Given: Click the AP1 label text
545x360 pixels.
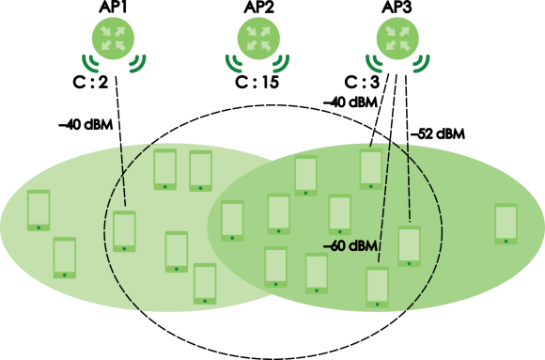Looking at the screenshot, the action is (x=113, y=7).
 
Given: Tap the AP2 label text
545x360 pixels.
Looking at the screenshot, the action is (x=258, y=7).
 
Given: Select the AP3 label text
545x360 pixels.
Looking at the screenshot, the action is (x=397, y=7).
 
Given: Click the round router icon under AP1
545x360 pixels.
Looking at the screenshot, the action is (x=113, y=39).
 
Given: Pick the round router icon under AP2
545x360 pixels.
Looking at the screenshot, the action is (x=258, y=39).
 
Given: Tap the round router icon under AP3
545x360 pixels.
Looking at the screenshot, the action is (x=398, y=39).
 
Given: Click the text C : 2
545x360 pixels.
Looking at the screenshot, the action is (x=90, y=83).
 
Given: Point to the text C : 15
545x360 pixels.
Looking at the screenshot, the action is (x=257, y=83).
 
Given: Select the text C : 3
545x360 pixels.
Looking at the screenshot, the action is (x=362, y=83).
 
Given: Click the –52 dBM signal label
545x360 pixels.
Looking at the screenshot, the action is (x=437, y=133).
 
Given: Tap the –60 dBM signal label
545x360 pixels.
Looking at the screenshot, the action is (x=350, y=246).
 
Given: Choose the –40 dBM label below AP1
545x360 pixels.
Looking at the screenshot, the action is (x=86, y=125).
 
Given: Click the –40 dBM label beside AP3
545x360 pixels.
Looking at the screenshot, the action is (x=350, y=102).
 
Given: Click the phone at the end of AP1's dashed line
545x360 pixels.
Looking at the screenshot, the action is (x=124, y=231).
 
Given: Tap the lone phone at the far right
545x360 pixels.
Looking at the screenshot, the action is (x=506, y=224).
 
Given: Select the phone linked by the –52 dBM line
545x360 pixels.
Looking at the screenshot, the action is (x=409, y=246).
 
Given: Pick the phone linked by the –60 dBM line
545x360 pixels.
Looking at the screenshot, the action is (x=378, y=288).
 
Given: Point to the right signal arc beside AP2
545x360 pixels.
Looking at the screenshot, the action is (x=281, y=64).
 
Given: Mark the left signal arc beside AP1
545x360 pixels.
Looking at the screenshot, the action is (x=90, y=64).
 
